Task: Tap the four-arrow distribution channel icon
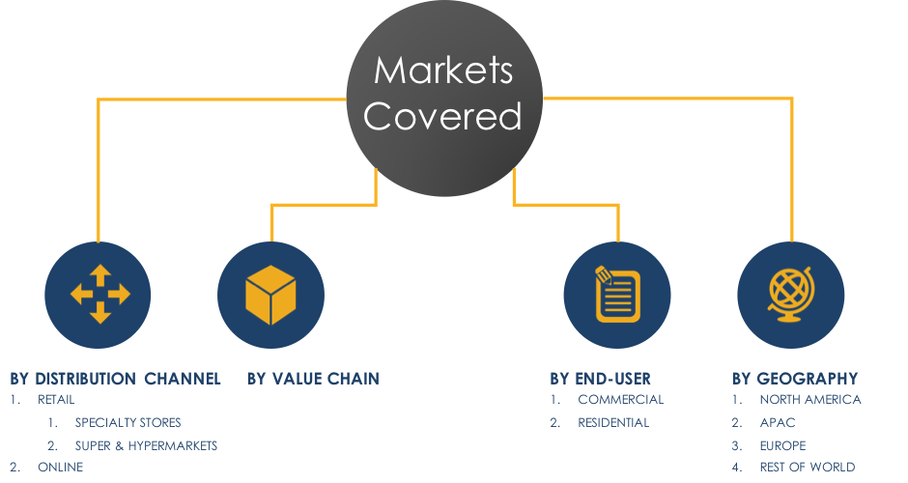pos(99,295)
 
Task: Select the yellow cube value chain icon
pos(270,295)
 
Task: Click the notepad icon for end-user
pos(617,295)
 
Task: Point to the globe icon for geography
pos(790,295)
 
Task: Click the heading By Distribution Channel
pos(116,378)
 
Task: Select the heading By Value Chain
pos(313,378)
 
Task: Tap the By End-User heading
pos(600,378)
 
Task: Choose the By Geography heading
pos(794,378)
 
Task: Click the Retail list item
pos(56,399)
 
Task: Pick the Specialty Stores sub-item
pos(128,422)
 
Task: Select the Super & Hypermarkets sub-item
pos(146,445)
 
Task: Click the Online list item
pos(61,468)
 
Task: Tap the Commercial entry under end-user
pos(620,399)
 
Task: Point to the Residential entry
pos(613,422)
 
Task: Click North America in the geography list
pos(809,399)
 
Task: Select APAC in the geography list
pos(777,422)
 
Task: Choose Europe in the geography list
pos(782,445)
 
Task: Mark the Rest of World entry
pos(807,468)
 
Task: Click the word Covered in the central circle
pos(443,117)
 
